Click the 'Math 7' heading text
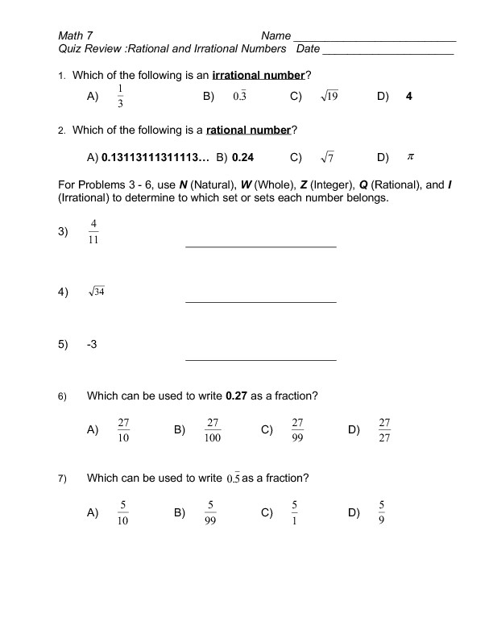click(76, 35)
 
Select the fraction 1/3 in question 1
click(120, 96)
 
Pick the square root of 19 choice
click(329, 97)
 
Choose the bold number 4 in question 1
click(409, 96)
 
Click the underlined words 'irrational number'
click(258, 76)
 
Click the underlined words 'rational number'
click(249, 130)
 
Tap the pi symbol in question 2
click(409, 156)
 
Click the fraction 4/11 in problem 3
click(93, 231)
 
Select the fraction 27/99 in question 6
click(297, 430)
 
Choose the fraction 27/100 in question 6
click(213, 430)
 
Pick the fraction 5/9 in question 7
click(382, 512)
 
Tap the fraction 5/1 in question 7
click(295, 512)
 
